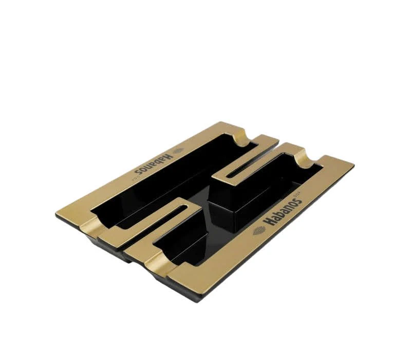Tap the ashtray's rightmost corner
(x=354, y=165)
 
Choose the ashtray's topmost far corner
(x=221, y=122)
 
